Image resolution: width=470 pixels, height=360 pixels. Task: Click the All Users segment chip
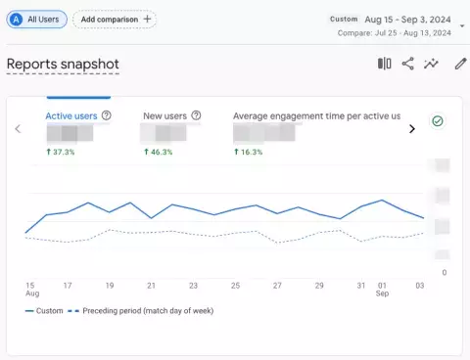pyautogui.click(x=36, y=19)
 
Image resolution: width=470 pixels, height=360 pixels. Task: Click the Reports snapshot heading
pyautogui.click(x=63, y=65)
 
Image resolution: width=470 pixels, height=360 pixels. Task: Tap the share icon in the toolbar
pyautogui.click(x=407, y=65)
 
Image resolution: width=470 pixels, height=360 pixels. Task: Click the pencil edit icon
pyautogui.click(x=460, y=65)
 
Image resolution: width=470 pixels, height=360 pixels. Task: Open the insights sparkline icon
pyautogui.click(x=431, y=65)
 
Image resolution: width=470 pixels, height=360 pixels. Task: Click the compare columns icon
pyautogui.click(x=384, y=65)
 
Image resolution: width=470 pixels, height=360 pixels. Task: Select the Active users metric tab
pyautogui.click(x=71, y=115)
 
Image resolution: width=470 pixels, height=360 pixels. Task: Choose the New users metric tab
pyautogui.click(x=164, y=115)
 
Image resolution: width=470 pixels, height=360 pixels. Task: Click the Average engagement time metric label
pyautogui.click(x=316, y=115)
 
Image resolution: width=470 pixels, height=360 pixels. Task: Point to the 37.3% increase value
pyautogui.click(x=62, y=152)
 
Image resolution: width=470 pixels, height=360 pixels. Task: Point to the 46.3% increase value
pyautogui.click(x=159, y=152)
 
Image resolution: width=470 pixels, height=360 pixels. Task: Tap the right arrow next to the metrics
pyautogui.click(x=411, y=128)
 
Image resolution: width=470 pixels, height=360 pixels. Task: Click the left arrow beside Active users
pyautogui.click(x=17, y=128)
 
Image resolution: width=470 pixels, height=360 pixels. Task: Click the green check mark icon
pyautogui.click(x=438, y=121)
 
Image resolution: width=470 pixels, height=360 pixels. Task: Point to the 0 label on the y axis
pyautogui.click(x=444, y=273)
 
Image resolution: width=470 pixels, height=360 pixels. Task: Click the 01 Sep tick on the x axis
pyautogui.click(x=382, y=291)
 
